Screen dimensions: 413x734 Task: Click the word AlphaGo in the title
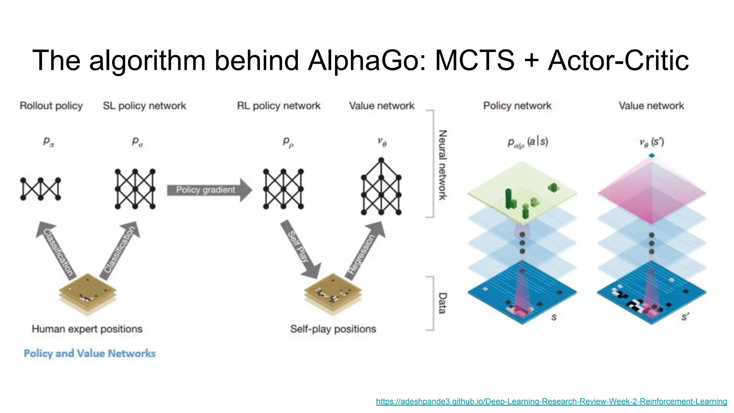(x=366, y=60)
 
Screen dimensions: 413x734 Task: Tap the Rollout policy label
(x=51, y=106)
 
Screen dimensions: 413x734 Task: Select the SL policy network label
(x=144, y=106)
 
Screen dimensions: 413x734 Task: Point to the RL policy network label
(x=278, y=106)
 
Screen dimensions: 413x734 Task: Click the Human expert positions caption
(x=87, y=329)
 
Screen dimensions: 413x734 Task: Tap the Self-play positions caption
(x=333, y=329)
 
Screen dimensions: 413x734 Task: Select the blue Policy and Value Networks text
(x=90, y=353)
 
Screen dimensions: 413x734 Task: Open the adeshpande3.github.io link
(x=551, y=402)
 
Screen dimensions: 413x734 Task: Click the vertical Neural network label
(x=443, y=165)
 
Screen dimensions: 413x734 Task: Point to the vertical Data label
(x=443, y=303)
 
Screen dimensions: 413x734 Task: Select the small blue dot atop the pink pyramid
(x=652, y=156)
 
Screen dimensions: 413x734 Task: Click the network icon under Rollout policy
(x=40, y=189)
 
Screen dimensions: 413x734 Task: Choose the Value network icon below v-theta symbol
(x=381, y=186)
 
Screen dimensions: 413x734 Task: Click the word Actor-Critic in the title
(x=618, y=60)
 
